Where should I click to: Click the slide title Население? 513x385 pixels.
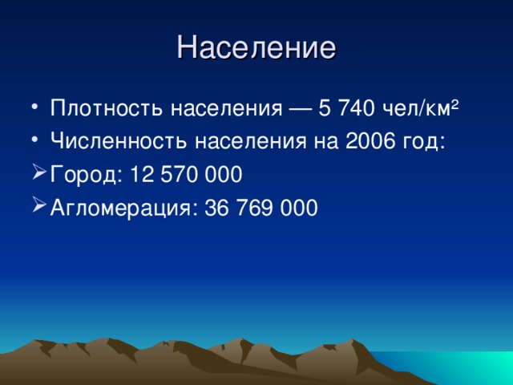click(x=256, y=47)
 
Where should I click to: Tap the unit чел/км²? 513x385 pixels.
click(x=429, y=107)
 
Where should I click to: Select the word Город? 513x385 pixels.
click(x=83, y=174)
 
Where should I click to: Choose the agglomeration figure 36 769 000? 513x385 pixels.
click(x=262, y=208)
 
